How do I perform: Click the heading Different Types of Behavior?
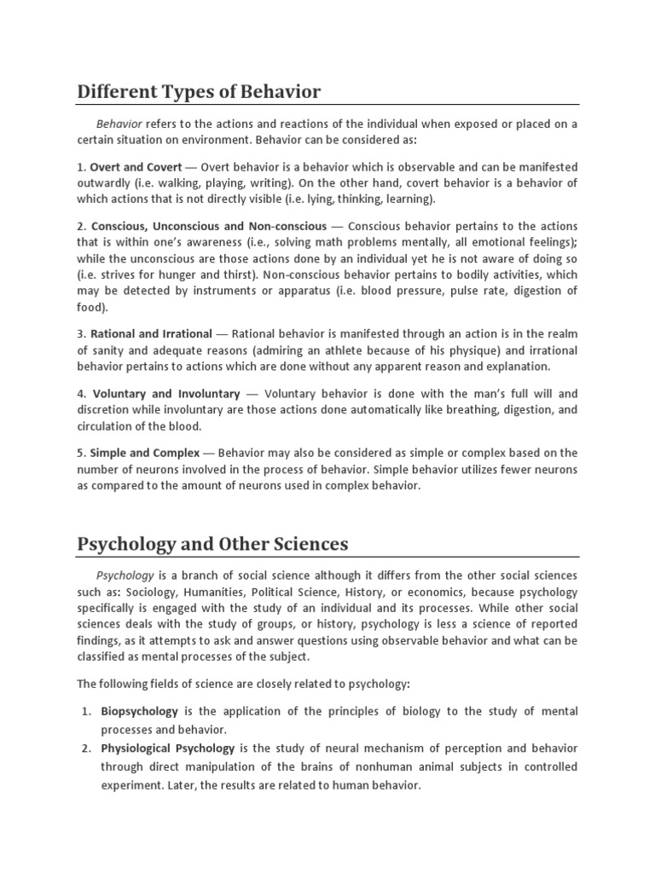199,90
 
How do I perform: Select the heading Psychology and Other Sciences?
212,543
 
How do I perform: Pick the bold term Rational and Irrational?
154,335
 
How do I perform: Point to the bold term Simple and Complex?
145,453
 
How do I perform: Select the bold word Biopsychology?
139,711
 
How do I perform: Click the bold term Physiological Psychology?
168,749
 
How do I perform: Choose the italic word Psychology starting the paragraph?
125,575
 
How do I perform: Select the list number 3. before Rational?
82,335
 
